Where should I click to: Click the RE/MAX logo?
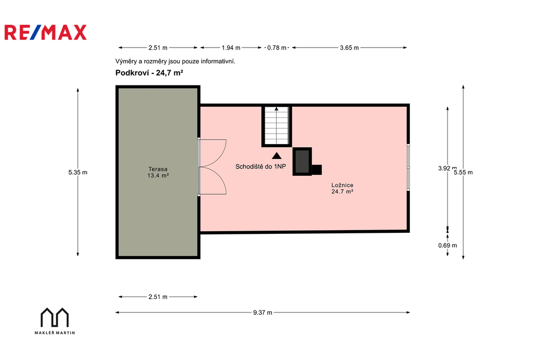(x=45, y=32)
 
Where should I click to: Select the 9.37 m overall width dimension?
(x=263, y=312)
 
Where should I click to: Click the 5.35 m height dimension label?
(x=78, y=172)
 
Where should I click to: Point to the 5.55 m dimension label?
(x=463, y=172)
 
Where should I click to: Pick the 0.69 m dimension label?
(x=447, y=245)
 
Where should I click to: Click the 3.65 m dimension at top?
(x=349, y=48)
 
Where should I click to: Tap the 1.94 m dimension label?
(x=231, y=48)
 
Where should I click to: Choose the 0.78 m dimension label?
(x=277, y=48)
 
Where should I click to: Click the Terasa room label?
(x=158, y=172)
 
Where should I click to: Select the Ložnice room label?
(x=342, y=188)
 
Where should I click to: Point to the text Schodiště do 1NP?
(x=260, y=167)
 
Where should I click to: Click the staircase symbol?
(x=276, y=126)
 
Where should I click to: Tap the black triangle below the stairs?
(x=276, y=156)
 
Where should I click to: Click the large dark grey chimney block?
(x=302, y=162)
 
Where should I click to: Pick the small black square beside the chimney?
(x=317, y=169)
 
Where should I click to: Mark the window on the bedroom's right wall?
(x=408, y=167)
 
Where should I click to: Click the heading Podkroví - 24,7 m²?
(x=149, y=73)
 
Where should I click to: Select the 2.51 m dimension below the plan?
(x=158, y=297)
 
